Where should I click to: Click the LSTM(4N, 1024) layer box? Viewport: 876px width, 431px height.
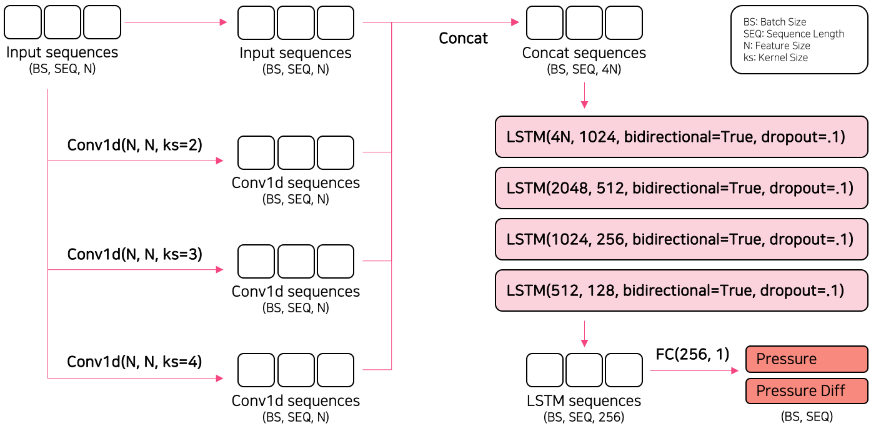(681, 136)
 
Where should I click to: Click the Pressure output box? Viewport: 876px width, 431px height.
(807, 359)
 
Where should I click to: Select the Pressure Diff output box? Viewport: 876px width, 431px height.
(807, 391)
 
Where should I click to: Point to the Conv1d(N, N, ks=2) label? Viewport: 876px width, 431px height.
(135, 146)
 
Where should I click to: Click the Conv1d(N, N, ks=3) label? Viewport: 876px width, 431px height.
(135, 254)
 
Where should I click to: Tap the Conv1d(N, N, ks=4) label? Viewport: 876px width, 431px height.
(135, 362)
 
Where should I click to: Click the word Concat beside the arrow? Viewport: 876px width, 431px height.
(463, 38)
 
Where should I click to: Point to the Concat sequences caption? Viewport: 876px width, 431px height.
(584, 53)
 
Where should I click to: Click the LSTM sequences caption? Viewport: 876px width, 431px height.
(584, 400)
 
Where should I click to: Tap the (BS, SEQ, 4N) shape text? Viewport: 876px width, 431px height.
(584, 69)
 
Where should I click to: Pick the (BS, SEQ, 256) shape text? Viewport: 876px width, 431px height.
(584, 417)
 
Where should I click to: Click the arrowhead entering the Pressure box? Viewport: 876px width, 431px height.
(735, 371)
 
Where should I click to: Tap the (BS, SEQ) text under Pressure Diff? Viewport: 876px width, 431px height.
(807, 416)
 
